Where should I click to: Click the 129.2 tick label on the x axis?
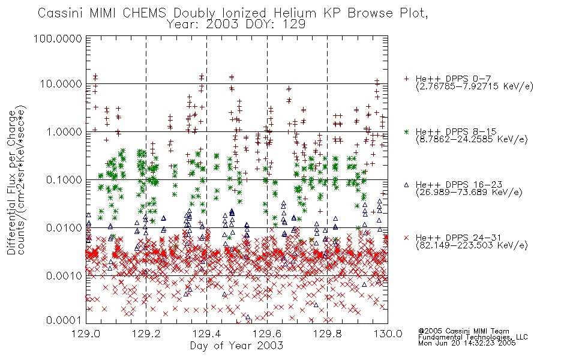point(146,334)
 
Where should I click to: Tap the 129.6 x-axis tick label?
point(267,334)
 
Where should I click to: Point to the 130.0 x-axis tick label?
point(388,334)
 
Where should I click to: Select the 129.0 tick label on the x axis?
point(86,334)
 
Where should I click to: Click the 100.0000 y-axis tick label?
point(58,38)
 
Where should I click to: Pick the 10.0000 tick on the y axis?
point(61,84)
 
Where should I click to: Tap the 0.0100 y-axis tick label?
point(64,228)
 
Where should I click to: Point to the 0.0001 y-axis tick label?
point(64,320)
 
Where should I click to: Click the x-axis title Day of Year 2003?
point(236,346)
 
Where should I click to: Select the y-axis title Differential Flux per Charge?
point(12,182)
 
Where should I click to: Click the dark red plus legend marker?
point(406,79)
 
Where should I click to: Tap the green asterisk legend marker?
point(406,131)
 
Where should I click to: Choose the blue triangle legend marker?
point(406,185)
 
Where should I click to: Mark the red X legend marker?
point(406,238)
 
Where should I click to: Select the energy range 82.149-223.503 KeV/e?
point(472,245)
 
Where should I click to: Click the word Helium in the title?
point(295,13)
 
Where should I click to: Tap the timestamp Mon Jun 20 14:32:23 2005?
point(467,343)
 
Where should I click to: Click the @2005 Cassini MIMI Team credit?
point(463,331)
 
